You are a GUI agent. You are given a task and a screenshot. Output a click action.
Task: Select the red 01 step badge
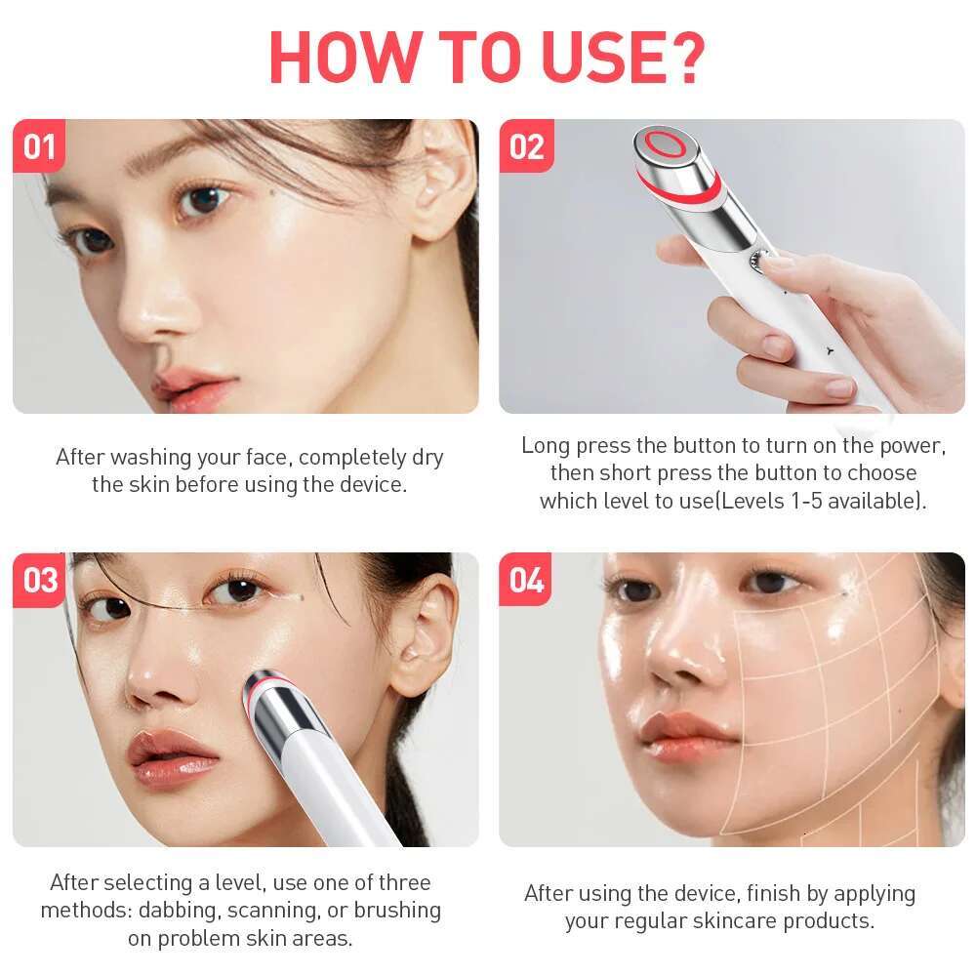[39, 145]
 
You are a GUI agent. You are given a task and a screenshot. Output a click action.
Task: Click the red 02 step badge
[527, 145]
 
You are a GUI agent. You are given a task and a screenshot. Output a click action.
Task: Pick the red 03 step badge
[40, 580]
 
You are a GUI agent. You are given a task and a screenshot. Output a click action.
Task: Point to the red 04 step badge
[526, 580]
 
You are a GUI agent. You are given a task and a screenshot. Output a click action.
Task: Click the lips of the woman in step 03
[172, 759]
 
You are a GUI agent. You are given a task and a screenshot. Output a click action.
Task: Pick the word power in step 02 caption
[913, 446]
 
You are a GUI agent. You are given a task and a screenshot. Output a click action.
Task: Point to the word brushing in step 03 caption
[397, 911]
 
